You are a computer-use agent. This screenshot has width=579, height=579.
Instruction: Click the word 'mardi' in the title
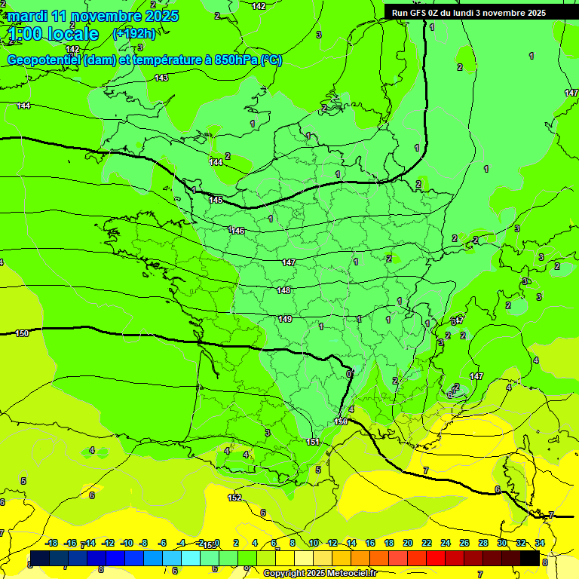(x=27, y=16)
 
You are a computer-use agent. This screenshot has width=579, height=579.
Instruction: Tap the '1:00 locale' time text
(x=54, y=34)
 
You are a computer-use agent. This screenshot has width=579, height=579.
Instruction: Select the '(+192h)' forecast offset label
(x=133, y=33)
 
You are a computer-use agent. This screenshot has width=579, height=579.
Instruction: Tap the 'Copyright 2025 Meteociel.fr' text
(x=319, y=573)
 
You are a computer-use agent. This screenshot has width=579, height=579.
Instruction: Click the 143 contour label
(x=161, y=78)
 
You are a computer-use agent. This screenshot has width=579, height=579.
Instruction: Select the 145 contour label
(x=216, y=200)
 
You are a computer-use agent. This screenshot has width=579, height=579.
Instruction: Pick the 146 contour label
(x=238, y=231)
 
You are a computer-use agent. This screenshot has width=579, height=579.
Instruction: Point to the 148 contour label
(x=283, y=290)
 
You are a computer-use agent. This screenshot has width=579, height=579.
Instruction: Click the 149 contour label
(x=285, y=319)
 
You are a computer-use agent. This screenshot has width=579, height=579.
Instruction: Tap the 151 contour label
(x=314, y=442)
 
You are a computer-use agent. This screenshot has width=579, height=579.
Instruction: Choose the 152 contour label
(x=234, y=498)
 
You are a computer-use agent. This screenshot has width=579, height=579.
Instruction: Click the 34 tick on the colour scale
(x=540, y=543)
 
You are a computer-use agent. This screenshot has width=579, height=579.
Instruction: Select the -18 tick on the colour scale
(x=51, y=543)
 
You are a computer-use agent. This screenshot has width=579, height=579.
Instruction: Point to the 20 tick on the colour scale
(x=407, y=543)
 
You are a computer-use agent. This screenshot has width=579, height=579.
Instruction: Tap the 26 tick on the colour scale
(x=464, y=543)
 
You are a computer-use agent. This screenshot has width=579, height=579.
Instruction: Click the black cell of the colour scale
(x=529, y=558)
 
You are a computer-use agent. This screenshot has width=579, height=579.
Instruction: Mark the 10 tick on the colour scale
(x=313, y=543)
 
